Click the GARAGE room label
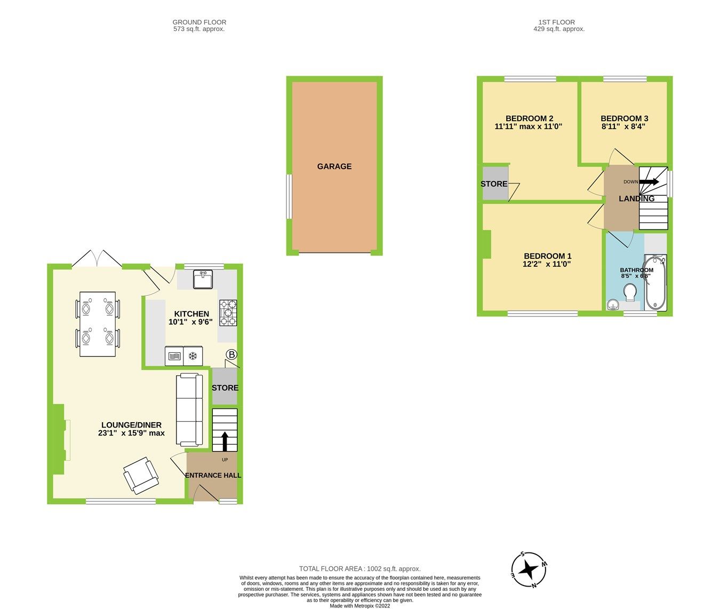(334, 167)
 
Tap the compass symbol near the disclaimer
(529, 570)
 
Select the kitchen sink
(203, 280)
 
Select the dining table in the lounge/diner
(98, 324)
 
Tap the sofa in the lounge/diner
(189, 410)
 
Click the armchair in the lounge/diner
(141, 474)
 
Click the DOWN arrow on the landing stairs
(648, 182)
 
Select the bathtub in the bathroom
(655, 283)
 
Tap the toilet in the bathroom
(630, 292)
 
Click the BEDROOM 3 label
(624, 118)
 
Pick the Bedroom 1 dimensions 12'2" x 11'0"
(547, 264)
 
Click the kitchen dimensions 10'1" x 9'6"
(190, 322)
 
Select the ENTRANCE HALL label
(213, 475)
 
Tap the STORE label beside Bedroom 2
(494, 184)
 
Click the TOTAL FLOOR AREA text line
(359, 569)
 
